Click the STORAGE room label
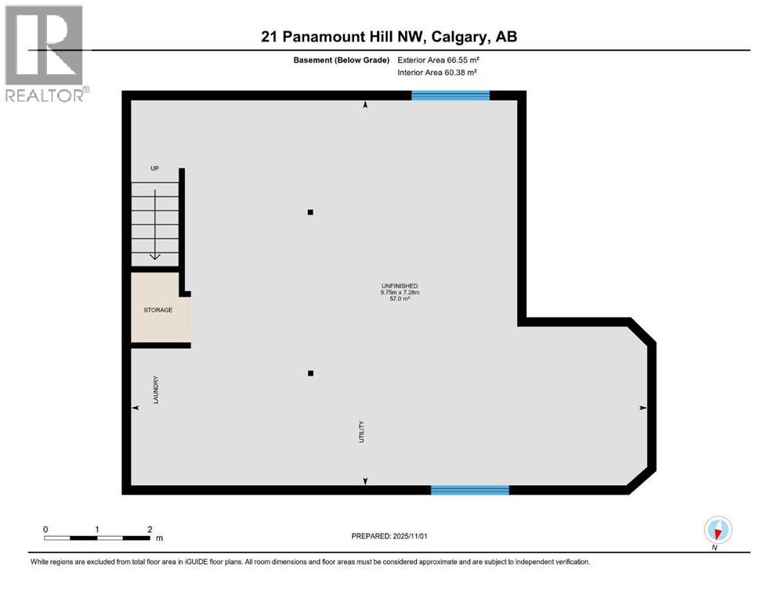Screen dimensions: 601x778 [157, 310]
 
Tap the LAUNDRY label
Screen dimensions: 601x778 [157, 389]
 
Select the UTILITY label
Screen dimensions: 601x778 [362, 433]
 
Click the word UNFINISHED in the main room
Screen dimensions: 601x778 [400, 286]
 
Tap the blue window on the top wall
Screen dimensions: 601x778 [451, 95]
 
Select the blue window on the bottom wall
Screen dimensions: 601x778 [470, 490]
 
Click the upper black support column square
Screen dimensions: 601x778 [311, 212]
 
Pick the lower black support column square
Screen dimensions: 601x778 [311, 373]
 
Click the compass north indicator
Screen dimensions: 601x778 [718, 530]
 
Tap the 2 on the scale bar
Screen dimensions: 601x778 [149, 529]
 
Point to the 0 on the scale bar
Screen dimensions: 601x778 [45, 529]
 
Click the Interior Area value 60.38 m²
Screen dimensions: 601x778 [463, 72]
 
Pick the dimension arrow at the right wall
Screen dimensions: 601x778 [643, 408]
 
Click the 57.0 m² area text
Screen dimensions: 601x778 [400, 299]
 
